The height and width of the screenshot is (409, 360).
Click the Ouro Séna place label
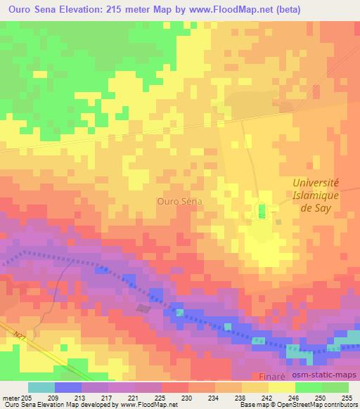(x=180, y=201)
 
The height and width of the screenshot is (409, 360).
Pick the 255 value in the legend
(x=347, y=397)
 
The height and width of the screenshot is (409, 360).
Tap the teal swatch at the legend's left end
(x=41, y=387)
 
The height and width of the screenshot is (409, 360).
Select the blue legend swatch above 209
(x=68, y=387)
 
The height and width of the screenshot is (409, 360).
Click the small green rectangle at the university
(x=262, y=211)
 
